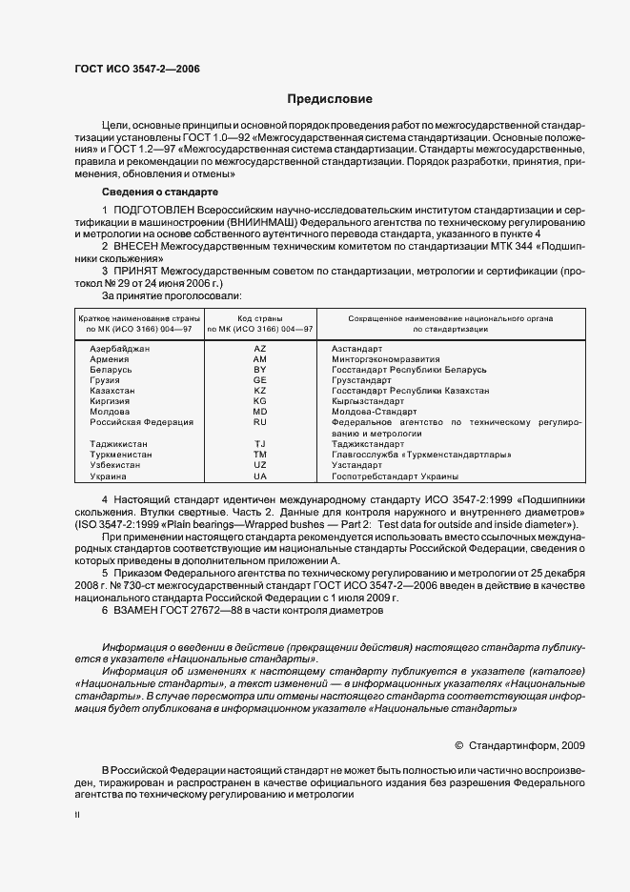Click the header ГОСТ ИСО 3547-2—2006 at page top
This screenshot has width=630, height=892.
(136, 69)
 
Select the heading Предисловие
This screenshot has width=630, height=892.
(330, 99)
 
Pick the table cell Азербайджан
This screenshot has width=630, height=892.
(120, 350)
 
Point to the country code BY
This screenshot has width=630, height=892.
(260, 370)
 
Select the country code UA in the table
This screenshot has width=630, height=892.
(260, 475)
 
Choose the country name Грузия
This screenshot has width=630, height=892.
(105, 380)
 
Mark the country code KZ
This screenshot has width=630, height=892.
(260, 391)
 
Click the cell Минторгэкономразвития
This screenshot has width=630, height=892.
(385, 359)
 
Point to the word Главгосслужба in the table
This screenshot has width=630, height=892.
(363, 454)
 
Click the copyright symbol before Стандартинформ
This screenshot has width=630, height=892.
(459, 746)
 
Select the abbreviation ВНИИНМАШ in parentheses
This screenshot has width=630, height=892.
(254, 221)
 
